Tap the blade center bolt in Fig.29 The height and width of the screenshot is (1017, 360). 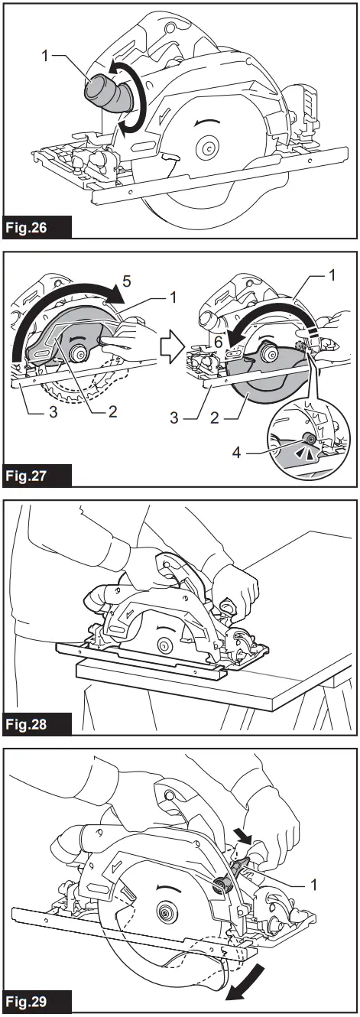click(x=164, y=911)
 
